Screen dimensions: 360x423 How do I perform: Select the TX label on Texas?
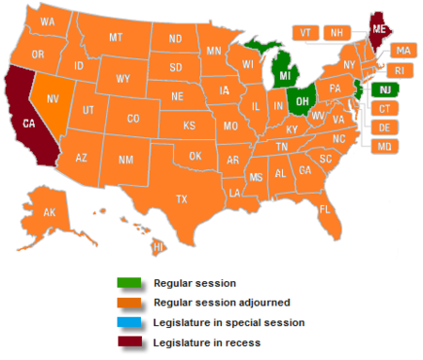[181, 198]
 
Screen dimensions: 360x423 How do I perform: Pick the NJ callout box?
[384, 89]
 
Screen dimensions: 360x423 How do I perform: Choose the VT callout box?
[305, 32]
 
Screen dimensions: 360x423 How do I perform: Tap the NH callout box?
[336, 32]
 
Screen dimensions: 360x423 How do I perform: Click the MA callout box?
[402, 50]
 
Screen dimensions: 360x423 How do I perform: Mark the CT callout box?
[384, 108]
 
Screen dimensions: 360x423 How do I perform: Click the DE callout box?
[384, 127]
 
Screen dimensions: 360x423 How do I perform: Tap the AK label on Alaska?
[50, 212]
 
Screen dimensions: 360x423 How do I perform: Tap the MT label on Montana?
[117, 38]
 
